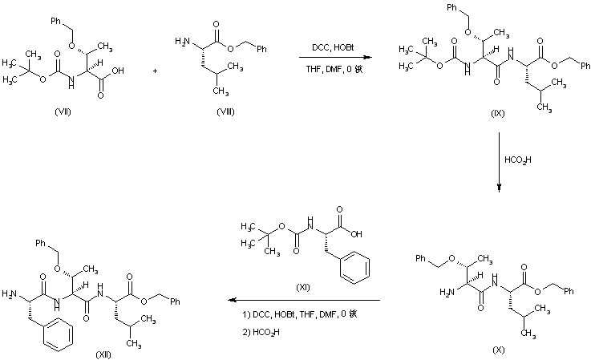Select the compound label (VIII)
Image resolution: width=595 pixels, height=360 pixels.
[x=225, y=111]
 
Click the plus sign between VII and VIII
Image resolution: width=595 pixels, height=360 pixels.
[x=156, y=71]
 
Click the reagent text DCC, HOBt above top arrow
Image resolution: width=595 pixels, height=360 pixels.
[x=330, y=47]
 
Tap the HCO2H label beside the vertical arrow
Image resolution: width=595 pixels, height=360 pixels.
[x=517, y=160]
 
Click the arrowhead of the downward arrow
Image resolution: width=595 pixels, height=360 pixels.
[x=499, y=189]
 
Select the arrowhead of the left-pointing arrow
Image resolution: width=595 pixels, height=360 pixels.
[x=232, y=301]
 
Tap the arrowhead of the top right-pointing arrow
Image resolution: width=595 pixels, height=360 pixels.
[x=369, y=58]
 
